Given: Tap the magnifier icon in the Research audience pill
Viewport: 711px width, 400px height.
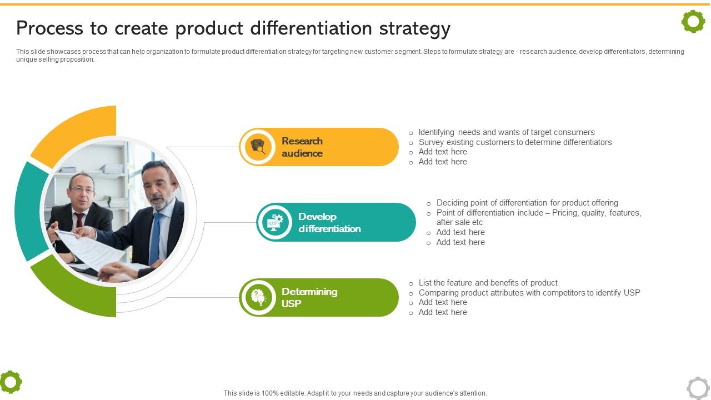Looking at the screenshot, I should [x=258, y=147].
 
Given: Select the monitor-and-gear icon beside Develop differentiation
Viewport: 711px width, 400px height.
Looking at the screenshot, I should [x=275, y=222].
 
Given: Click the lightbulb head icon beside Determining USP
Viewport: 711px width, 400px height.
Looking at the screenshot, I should [x=258, y=297].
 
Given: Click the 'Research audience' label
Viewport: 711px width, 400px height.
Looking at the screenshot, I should [x=302, y=147].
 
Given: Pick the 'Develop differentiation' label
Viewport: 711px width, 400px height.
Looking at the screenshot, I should [x=329, y=222].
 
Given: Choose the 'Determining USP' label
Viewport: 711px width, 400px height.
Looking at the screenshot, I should [x=309, y=297].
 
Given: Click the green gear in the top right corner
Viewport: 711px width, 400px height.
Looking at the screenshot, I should [x=693, y=22].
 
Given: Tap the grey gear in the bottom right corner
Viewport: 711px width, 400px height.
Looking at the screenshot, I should [x=698, y=388].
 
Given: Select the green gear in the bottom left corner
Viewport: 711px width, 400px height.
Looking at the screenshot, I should [x=11, y=382].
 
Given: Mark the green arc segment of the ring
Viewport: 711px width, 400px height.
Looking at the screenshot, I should [x=78, y=292].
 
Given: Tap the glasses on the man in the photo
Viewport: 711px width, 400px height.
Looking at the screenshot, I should [x=82, y=191].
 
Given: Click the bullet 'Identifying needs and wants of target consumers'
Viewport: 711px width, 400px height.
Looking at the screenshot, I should [x=506, y=132].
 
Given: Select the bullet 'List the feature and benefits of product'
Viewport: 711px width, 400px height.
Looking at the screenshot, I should [x=488, y=283].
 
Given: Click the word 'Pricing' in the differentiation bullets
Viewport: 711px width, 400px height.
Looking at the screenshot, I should [x=564, y=213].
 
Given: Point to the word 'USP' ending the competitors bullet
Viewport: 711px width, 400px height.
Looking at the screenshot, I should [x=632, y=292].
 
